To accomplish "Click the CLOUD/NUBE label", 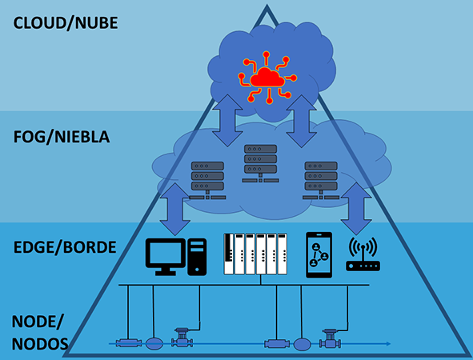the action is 66,23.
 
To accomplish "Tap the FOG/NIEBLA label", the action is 62,137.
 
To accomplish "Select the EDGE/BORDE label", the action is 65,247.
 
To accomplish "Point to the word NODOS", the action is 40,344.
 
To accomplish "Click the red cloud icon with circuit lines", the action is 267,78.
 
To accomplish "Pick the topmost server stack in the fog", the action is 260,163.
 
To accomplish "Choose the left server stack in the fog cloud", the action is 207,180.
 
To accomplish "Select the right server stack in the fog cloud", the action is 321,180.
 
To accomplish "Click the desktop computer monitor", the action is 166,257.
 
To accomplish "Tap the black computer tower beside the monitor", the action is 197,257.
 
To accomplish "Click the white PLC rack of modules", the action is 255,254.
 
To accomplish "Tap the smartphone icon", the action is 319,254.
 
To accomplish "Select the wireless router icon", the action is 363,254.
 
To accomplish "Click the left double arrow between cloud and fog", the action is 227,121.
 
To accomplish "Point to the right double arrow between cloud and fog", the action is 302,122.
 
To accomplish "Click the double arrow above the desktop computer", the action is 175,210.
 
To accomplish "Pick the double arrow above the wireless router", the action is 356,209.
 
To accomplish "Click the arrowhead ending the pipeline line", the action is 389,344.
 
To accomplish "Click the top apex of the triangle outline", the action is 267,5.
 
